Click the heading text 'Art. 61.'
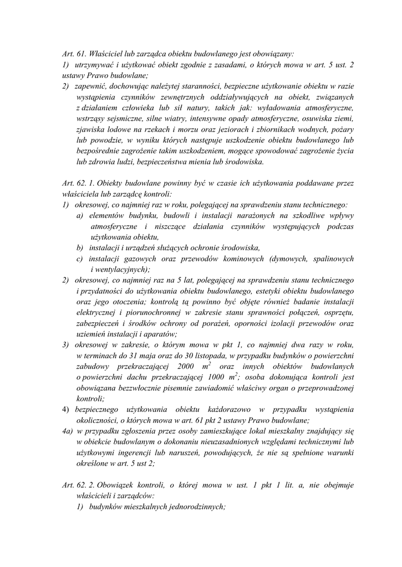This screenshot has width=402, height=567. (74, 54)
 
